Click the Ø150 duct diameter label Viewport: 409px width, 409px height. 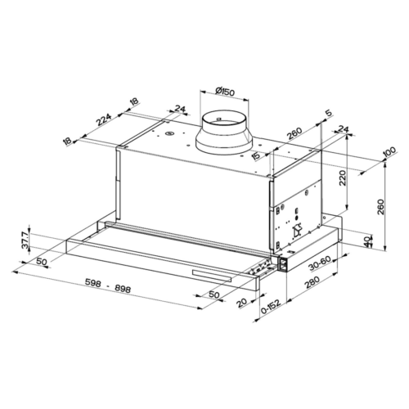tap(224, 92)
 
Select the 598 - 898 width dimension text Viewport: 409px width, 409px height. tap(108, 286)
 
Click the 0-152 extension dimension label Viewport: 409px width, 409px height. tap(271, 307)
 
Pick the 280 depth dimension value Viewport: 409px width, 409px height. tap(312, 282)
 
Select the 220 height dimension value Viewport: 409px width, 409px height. tap(342, 178)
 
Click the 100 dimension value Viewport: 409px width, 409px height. tap(389, 152)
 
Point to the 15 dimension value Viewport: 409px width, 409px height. tap(257, 156)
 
